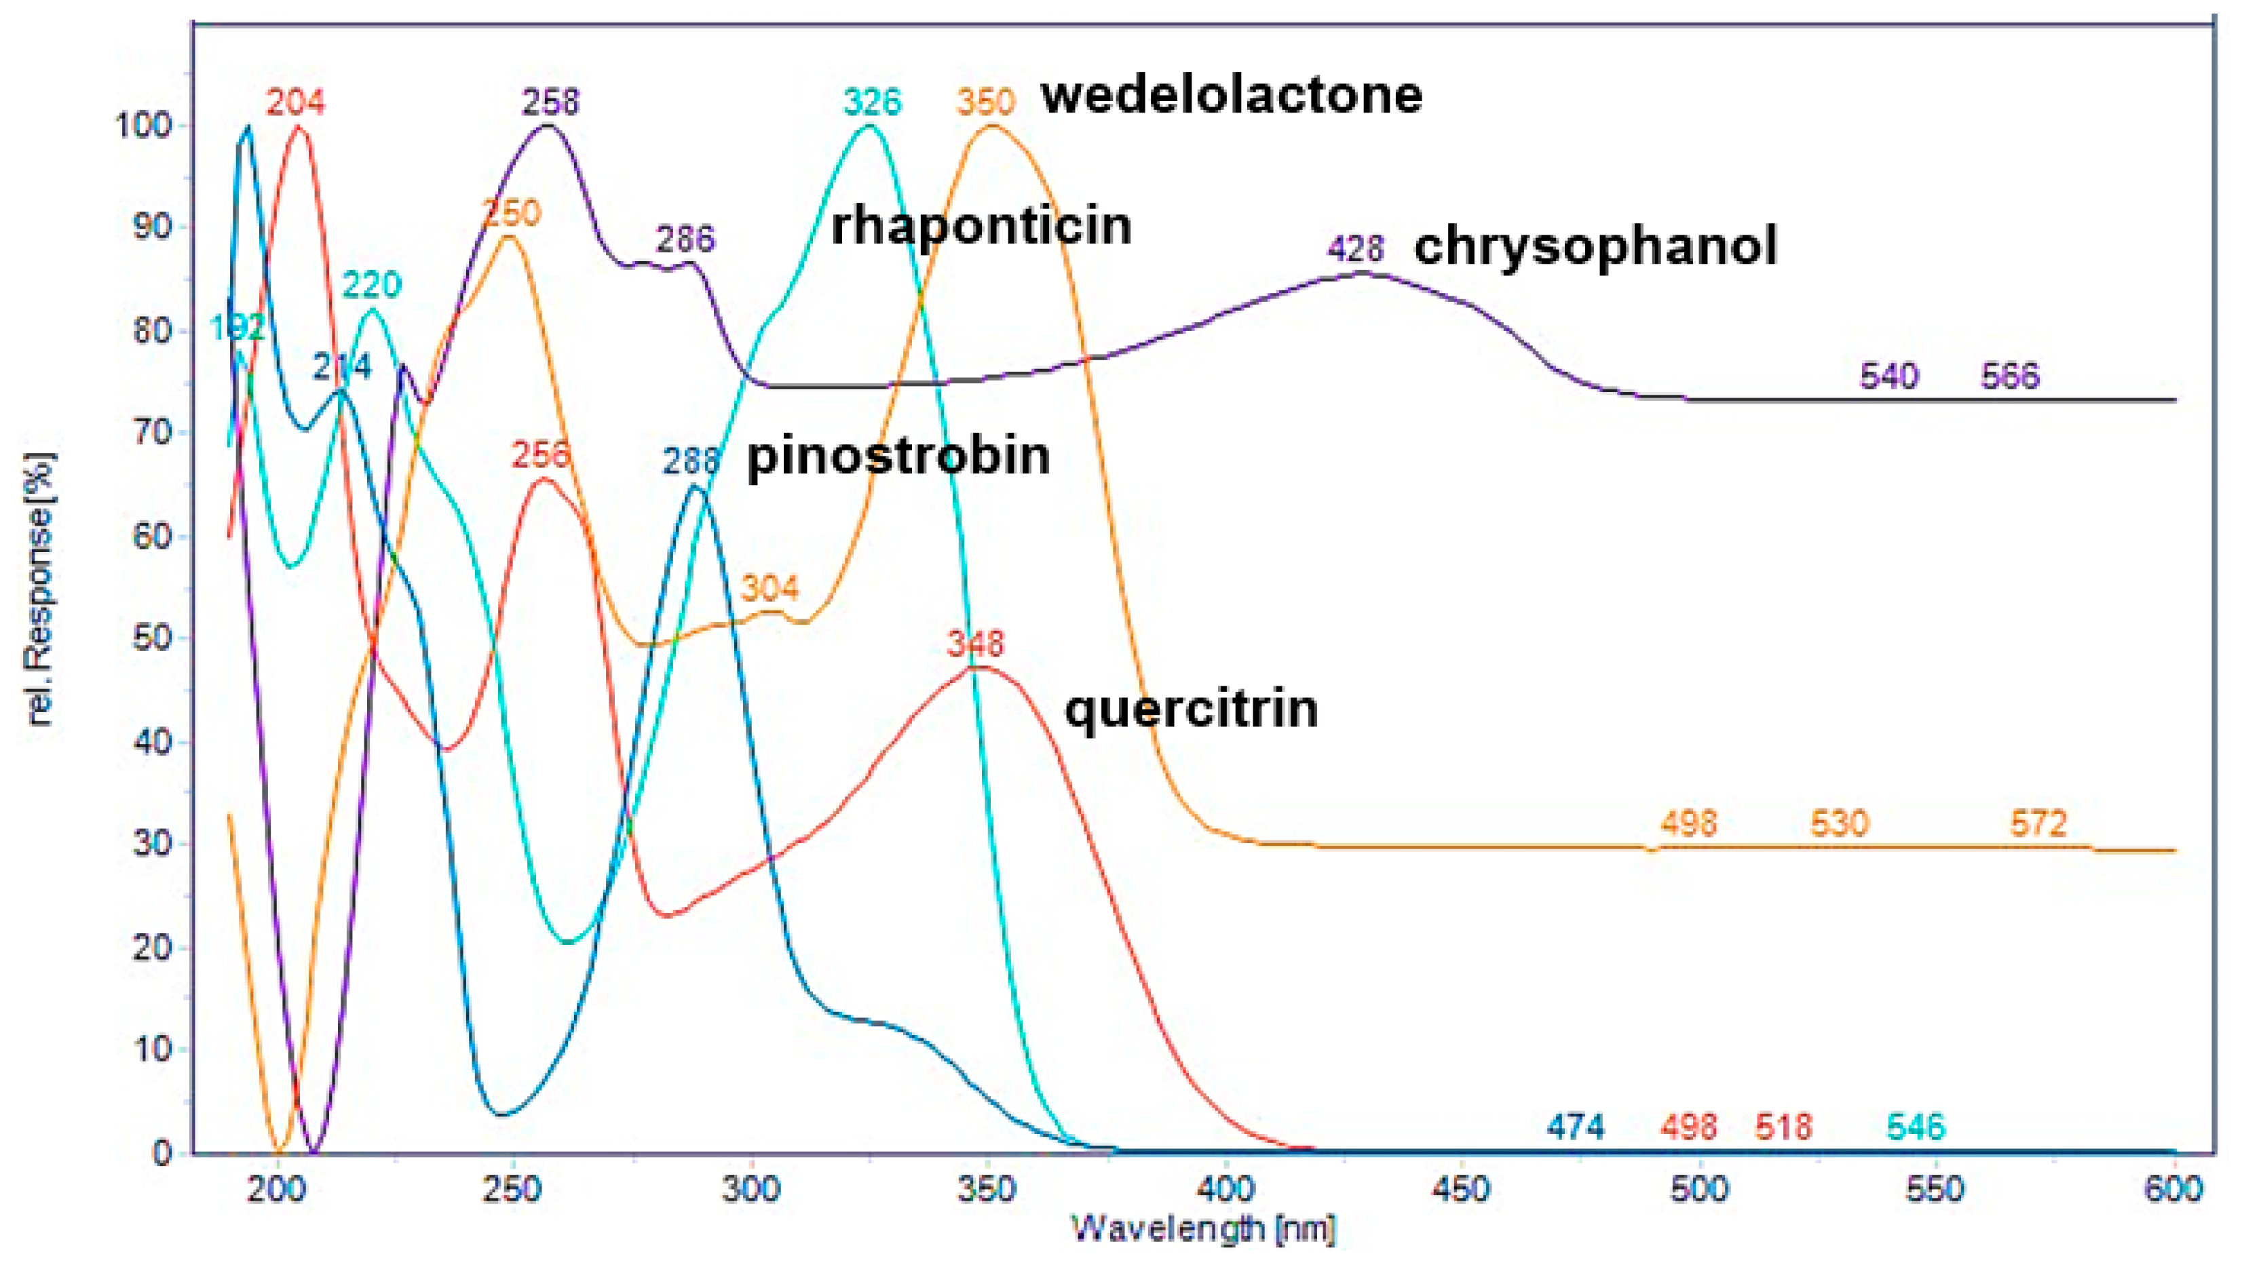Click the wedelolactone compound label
pyautogui.click(x=1232, y=95)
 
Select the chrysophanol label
pyautogui.click(x=1595, y=246)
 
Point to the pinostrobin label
pyautogui.click(x=898, y=455)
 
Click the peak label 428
pyautogui.click(x=1355, y=250)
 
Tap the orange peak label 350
pyautogui.click(x=985, y=102)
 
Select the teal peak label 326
pyautogui.click(x=872, y=102)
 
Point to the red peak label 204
pyautogui.click(x=295, y=102)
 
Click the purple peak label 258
pyautogui.click(x=550, y=102)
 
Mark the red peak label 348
pyautogui.click(x=976, y=643)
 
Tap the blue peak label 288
pyautogui.click(x=691, y=461)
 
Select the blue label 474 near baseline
pyautogui.click(x=1576, y=1127)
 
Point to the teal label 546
pyautogui.click(x=1915, y=1127)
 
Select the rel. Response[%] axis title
pyautogui.click(x=41, y=589)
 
